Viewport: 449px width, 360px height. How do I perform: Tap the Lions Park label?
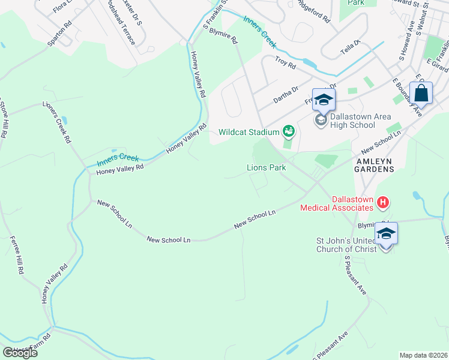pos(267,168)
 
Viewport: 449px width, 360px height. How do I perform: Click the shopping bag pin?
pos(421,94)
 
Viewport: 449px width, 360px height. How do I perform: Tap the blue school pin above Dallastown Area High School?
pos(323,100)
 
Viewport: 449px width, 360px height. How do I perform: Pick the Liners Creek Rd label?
pos(57,121)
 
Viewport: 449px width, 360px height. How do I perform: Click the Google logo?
pos(20,352)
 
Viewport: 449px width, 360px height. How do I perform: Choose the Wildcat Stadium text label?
pos(249,132)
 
